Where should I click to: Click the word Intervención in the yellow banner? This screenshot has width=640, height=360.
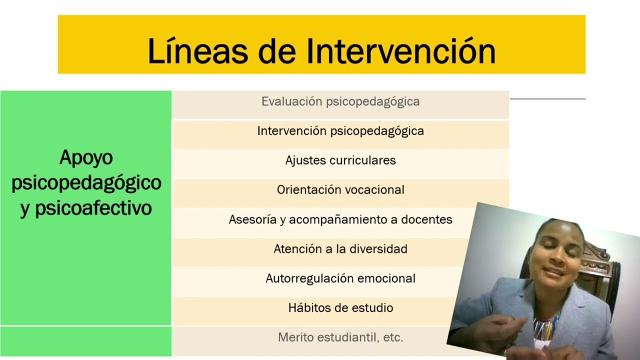click(x=400, y=51)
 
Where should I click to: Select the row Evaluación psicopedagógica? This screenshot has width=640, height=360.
click(x=340, y=102)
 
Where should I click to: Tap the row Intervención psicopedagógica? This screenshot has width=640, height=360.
click(x=340, y=131)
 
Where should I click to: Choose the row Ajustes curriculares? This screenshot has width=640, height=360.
click(x=340, y=161)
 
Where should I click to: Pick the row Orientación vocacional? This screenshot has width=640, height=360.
click(x=340, y=190)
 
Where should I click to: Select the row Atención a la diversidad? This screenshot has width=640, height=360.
click(x=340, y=249)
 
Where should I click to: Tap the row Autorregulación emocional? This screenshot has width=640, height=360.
click(x=340, y=279)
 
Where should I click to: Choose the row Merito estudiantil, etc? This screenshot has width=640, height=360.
click(x=340, y=338)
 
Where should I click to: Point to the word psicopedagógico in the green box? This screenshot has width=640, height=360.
click(x=86, y=183)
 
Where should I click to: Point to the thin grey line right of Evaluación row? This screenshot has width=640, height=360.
click(x=547, y=99)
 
